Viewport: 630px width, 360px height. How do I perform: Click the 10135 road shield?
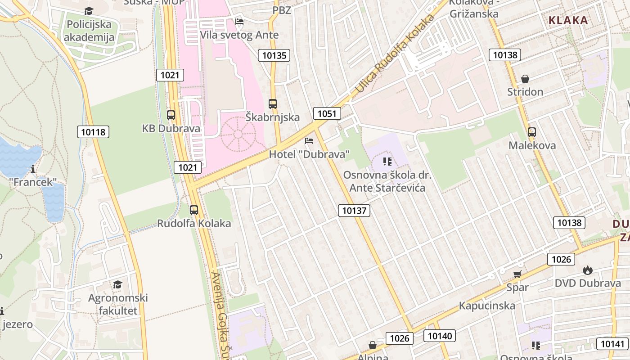274,55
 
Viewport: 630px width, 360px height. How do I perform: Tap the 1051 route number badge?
327,113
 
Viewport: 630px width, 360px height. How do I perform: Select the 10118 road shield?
93,132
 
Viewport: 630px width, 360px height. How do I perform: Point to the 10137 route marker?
354,210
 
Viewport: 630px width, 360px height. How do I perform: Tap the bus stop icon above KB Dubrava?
171,115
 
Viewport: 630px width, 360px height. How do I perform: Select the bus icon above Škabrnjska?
273,103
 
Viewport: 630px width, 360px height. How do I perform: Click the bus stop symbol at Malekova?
532,132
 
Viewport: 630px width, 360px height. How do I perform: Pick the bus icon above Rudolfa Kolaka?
194,210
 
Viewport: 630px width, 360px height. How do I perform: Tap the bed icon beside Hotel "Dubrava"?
309,141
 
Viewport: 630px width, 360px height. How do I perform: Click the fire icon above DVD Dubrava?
587,270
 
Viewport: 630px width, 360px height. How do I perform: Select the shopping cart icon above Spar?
517,274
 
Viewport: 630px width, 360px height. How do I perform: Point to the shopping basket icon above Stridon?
525,79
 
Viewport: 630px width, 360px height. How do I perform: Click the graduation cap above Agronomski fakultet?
117,284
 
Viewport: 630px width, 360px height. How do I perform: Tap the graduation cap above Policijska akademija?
89,11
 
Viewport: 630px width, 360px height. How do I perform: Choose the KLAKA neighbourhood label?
568,20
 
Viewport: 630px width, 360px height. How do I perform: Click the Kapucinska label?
487,306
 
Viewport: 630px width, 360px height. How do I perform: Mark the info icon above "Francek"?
33,169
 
